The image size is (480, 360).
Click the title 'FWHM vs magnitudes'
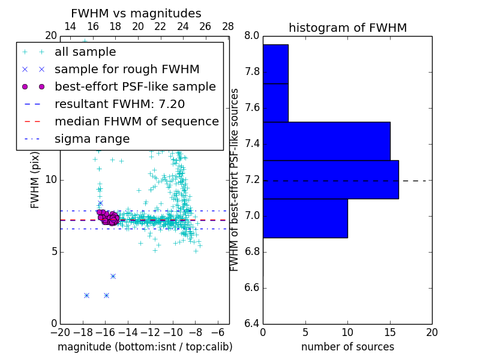[136, 13]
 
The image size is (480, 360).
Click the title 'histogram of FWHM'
[347, 28]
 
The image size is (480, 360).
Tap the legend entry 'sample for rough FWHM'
[127, 69]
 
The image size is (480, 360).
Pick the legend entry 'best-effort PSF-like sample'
[135, 86]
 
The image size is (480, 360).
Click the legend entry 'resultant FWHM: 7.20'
[119, 104]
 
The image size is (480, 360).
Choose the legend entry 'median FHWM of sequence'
[136, 121]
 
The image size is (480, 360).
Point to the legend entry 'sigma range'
[92, 139]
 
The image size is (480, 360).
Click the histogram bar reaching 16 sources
[331, 179]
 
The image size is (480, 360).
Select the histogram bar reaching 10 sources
[305, 218]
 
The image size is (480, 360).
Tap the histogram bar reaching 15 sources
[326, 141]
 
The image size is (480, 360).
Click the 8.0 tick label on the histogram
[252, 36]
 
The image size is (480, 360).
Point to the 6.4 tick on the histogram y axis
[252, 323]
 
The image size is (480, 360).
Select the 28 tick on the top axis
[228, 26]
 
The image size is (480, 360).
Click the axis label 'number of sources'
[347, 347]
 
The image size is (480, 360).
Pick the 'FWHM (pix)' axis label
[35, 179]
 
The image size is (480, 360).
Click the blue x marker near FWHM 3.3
[113, 276]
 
